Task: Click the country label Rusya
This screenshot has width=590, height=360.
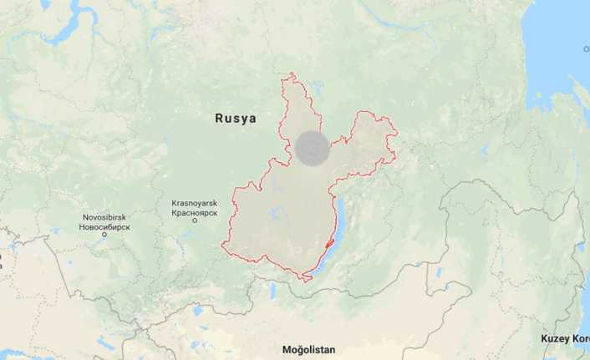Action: tap(236, 119)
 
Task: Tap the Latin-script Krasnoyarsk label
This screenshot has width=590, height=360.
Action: tap(194, 203)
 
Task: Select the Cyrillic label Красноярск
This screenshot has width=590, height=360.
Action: tap(194, 212)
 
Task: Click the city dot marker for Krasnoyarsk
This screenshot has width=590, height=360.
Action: tap(194, 221)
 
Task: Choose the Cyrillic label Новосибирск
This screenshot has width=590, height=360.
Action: tap(104, 226)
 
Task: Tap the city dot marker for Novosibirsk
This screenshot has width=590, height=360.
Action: tap(104, 235)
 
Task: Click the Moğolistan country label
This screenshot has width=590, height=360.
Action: tap(308, 348)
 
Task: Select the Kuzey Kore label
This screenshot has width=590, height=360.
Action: tap(564, 338)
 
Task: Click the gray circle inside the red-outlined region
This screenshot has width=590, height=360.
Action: tap(312, 149)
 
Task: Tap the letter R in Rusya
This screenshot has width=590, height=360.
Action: tap(220, 119)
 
